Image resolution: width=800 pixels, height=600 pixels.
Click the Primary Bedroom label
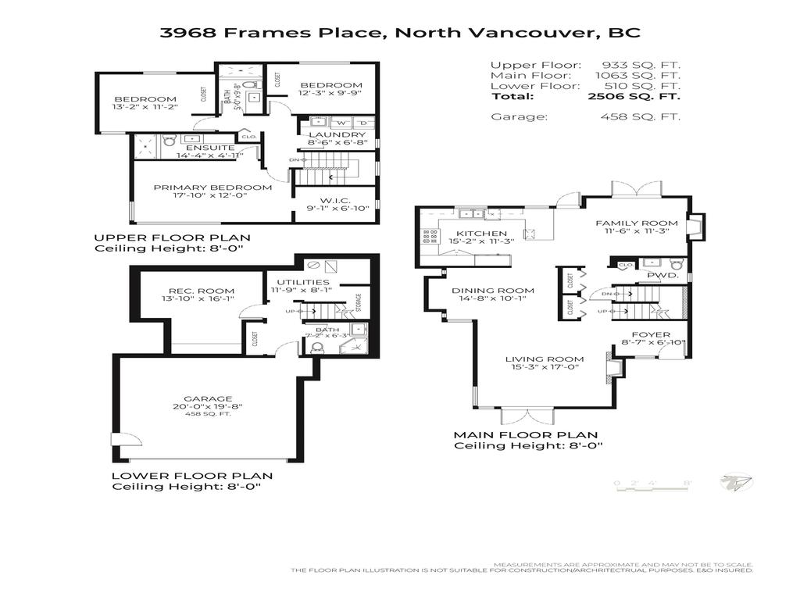tap(212, 187)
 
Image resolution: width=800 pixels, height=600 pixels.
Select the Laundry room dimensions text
tap(337, 143)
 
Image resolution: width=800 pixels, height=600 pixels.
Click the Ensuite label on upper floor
tap(209, 147)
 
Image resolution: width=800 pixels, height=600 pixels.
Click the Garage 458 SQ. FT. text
tap(207, 414)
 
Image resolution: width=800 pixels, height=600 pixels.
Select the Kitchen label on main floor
tap(482, 233)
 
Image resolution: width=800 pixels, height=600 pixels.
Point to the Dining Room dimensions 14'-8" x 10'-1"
tap(483, 298)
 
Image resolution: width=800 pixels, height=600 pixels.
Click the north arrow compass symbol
tap(734, 483)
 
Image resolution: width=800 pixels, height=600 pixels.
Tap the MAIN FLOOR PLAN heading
tap(526, 435)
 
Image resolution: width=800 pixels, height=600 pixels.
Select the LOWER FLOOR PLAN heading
tap(191, 475)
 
